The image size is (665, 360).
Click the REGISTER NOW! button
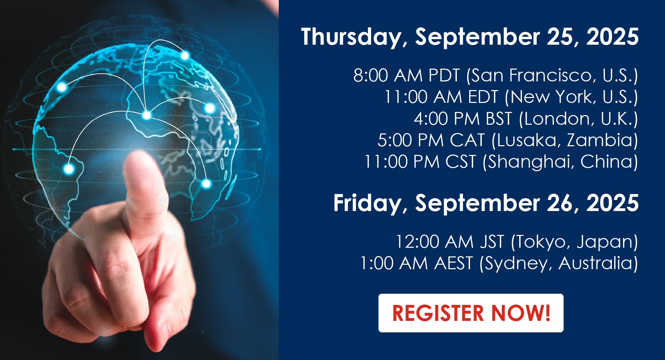tap(471, 313)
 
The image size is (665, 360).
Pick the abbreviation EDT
tap(483, 97)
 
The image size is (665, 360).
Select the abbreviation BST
tap(499, 119)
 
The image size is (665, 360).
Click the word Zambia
tap(599, 140)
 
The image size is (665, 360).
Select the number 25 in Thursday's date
tap(561, 37)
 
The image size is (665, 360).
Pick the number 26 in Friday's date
tap(561, 203)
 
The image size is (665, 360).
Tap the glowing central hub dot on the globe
tap(147, 115)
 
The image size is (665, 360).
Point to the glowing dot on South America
tap(69, 169)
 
